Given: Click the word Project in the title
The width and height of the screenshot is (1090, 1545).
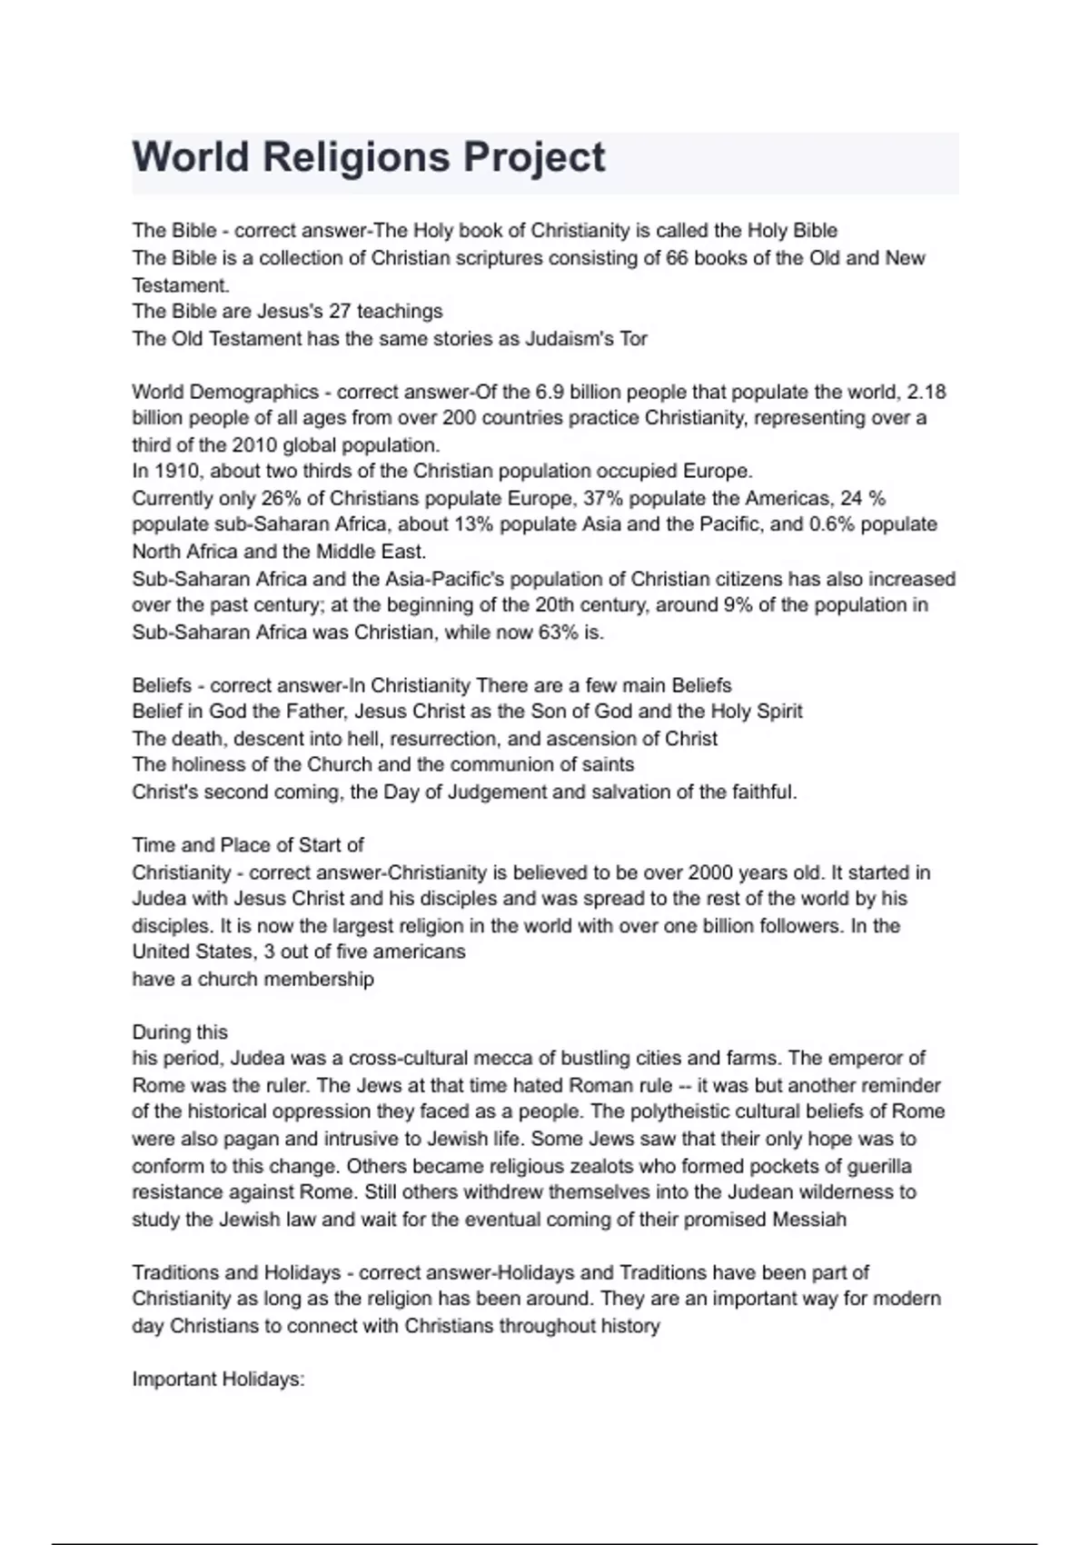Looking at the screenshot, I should (x=534, y=157).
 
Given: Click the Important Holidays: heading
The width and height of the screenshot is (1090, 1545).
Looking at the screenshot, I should (x=218, y=1380).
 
